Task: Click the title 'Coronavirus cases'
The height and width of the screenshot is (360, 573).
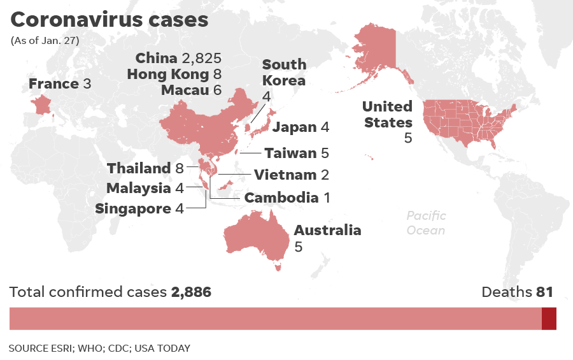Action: click(x=109, y=20)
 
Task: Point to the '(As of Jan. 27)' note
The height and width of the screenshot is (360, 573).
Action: click(x=45, y=41)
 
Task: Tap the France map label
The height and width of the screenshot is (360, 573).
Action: click(x=60, y=84)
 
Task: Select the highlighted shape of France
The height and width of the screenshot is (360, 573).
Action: click(x=43, y=104)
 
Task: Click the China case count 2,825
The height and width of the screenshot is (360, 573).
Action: click(x=201, y=59)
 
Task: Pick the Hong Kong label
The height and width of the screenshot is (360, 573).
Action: click(x=174, y=74)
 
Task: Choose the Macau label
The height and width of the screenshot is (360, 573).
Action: click(x=191, y=90)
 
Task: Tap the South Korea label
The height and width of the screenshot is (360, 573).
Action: click(x=284, y=73)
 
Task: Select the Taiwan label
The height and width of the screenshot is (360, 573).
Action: click(x=297, y=153)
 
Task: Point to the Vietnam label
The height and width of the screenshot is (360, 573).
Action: click(x=292, y=175)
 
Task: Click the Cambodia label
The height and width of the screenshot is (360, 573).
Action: click(x=287, y=198)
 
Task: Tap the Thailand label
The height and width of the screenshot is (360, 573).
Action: click(x=145, y=168)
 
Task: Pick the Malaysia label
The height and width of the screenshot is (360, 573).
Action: click(x=145, y=188)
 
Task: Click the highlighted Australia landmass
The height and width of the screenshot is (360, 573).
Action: click(x=255, y=236)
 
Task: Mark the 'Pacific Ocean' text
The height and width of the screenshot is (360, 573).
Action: click(x=426, y=223)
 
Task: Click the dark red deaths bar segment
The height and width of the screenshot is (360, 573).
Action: click(x=549, y=319)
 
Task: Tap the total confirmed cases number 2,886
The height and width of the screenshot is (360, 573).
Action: click(x=191, y=292)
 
